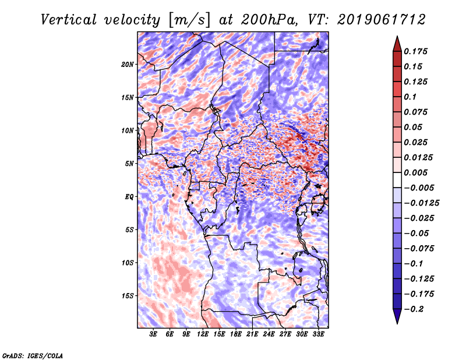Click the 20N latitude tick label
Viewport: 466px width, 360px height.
(128, 64)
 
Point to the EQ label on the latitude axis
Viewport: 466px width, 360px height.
(129, 197)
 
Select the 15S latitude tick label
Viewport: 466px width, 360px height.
(128, 296)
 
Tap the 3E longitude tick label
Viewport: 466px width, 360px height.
(153, 334)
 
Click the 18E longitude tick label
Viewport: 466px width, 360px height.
(236, 334)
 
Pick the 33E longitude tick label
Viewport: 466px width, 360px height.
(318, 334)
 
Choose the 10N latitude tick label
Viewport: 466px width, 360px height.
(128, 130)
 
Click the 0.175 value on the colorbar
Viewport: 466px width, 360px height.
(415, 51)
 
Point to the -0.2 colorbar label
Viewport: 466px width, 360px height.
(414, 309)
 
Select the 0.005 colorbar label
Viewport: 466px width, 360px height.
(415, 172)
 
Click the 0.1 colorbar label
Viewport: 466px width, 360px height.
(410, 97)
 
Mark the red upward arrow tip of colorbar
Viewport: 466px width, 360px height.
(397, 36)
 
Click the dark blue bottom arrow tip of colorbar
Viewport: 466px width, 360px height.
(397, 323)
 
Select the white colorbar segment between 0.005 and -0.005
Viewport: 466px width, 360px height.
(397, 180)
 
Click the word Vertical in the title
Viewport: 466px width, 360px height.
(69, 20)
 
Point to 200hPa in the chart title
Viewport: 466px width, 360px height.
(270, 20)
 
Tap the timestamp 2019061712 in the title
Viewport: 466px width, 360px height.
(382, 20)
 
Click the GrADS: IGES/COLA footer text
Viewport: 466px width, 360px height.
(33, 355)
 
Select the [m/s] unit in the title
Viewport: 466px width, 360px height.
(189, 20)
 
